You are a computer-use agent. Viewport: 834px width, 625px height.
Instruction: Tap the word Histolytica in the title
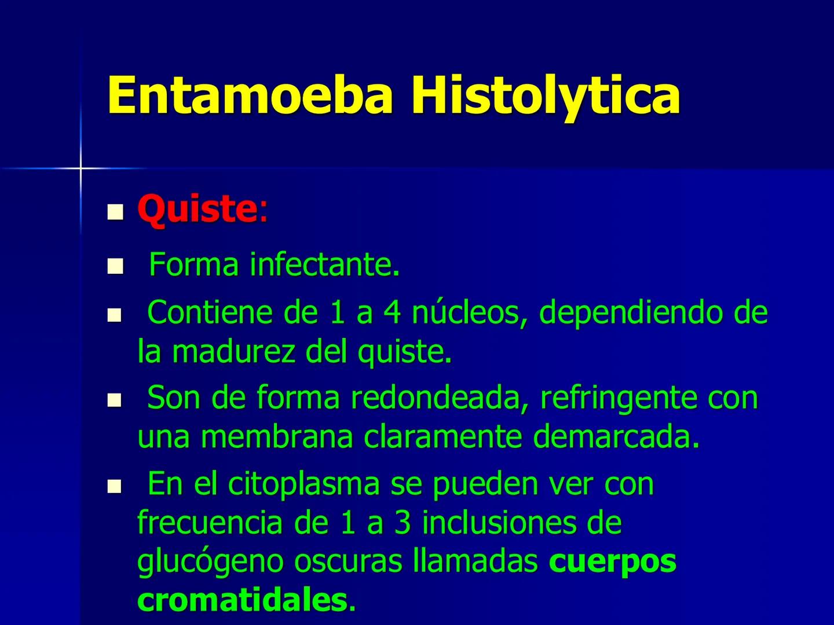[x=545, y=95]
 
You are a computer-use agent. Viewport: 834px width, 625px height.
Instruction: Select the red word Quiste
[x=196, y=209]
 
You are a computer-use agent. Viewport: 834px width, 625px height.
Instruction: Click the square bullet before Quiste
[x=116, y=212]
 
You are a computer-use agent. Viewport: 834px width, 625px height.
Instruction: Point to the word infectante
[x=324, y=265]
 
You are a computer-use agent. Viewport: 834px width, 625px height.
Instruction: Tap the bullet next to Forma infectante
[x=116, y=267]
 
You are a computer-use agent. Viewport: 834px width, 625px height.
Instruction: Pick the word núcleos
[x=469, y=312]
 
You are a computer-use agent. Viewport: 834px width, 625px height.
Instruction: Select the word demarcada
[x=616, y=437]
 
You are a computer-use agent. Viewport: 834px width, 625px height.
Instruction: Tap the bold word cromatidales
[x=242, y=600]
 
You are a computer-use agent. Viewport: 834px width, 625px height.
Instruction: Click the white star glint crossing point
[x=81, y=168]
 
